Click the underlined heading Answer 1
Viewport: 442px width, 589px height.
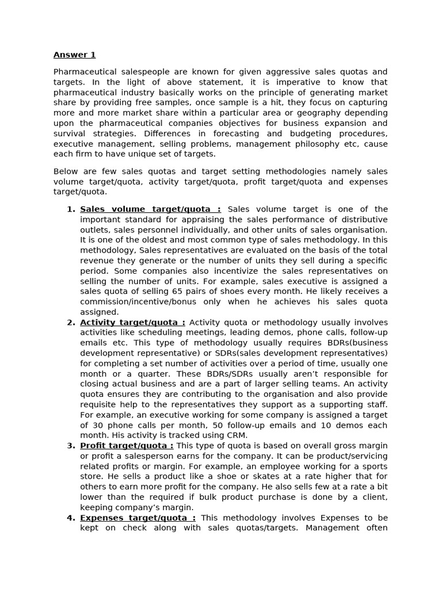pyautogui.click(x=74, y=55)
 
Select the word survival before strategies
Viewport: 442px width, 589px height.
pyautogui.click(x=68, y=133)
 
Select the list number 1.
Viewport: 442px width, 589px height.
pyautogui.click(x=70, y=209)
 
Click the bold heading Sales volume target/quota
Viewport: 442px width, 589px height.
pyautogui.click(x=150, y=209)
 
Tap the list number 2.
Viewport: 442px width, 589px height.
pyautogui.click(x=70, y=323)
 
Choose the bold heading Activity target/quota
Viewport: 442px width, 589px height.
pyautogui.click(x=132, y=323)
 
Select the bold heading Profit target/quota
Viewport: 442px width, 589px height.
pyautogui.click(x=127, y=446)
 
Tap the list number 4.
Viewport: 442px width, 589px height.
pyautogui.click(x=70, y=518)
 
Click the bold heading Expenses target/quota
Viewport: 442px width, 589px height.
pyautogui.click(x=138, y=518)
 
